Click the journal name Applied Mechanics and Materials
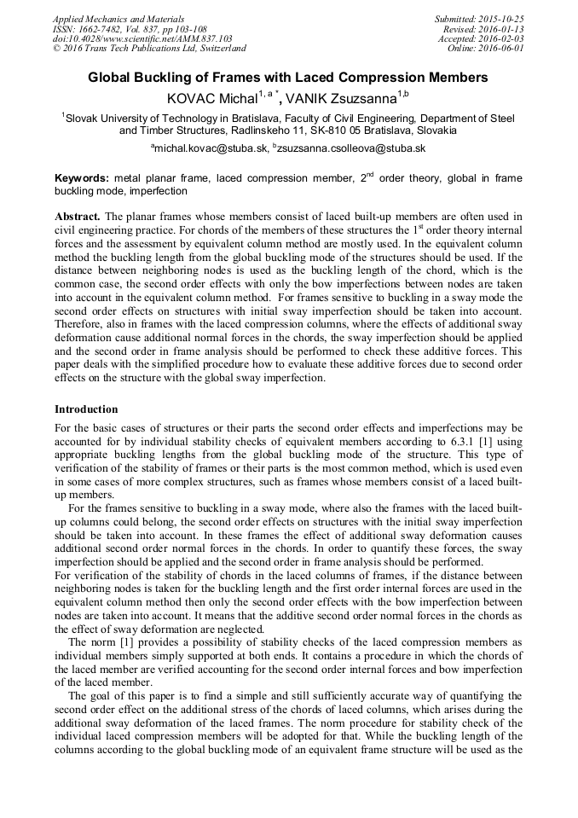(x=118, y=19)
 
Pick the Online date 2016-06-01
(x=502, y=49)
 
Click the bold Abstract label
(x=77, y=218)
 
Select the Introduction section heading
(x=86, y=409)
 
